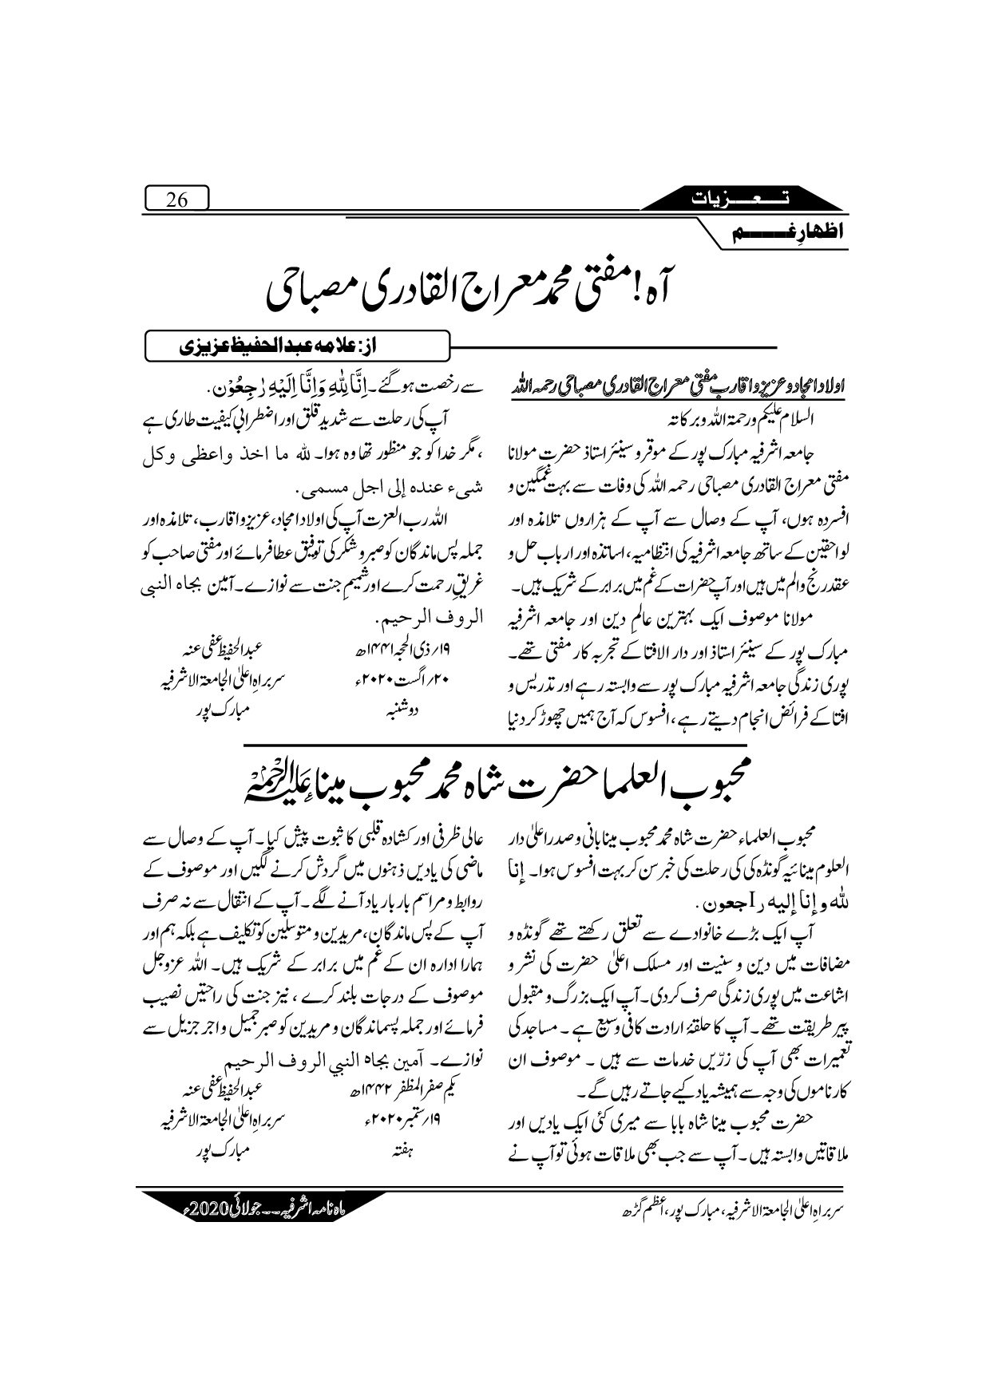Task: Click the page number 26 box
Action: [176, 200]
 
